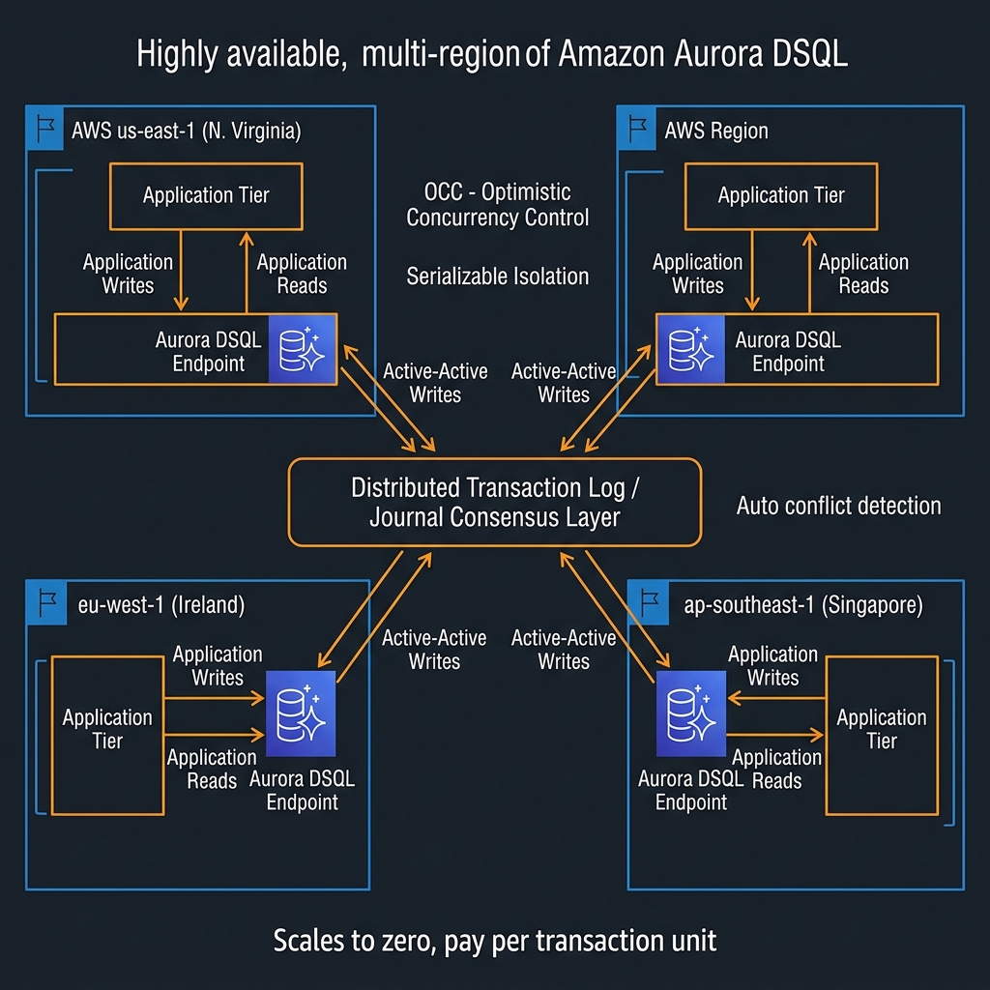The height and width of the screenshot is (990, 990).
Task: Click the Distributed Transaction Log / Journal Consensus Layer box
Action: pyautogui.click(x=495, y=502)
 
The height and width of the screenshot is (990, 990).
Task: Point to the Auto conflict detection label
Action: pyautogui.click(x=838, y=506)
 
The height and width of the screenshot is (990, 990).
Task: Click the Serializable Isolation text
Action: pyautogui.click(x=497, y=277)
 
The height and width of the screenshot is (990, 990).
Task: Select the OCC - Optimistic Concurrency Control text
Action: pyautogui.click(x=497, y=204)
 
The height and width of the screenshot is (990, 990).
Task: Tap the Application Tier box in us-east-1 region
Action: pyautogui.click(x=206, y=195)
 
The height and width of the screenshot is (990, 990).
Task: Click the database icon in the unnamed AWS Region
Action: pyautogui.click(x=689, y=349)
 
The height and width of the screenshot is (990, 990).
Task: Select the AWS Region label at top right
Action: pyautogui.click(x=716, y=131)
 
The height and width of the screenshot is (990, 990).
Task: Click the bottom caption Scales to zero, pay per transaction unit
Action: pyautogui.click(x=495, y=940)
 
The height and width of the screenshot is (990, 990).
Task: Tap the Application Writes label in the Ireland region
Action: pyautogui.click(x=218, y=666)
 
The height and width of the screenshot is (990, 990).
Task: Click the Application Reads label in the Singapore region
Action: pyautogui.click(x=776, y=769)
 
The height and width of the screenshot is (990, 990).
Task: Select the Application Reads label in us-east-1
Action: pyautogui.click(x=302, y=274)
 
